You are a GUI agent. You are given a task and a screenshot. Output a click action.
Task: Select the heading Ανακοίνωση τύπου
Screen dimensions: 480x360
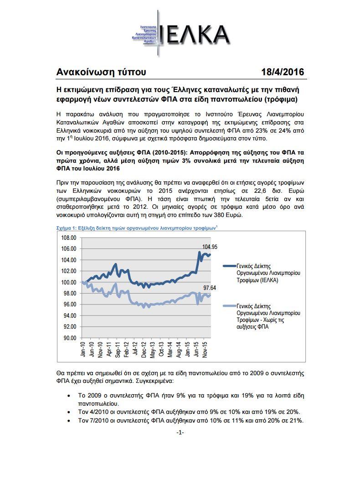101,72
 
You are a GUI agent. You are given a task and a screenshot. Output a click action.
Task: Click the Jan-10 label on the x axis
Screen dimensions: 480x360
83,350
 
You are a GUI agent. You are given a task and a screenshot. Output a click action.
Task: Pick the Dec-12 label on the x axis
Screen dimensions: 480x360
144,350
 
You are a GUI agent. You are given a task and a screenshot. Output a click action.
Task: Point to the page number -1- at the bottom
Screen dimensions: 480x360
180,432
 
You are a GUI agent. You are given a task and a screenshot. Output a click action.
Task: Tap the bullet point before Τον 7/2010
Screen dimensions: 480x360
69,420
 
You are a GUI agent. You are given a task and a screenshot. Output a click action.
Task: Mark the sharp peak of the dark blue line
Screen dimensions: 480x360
199,252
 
